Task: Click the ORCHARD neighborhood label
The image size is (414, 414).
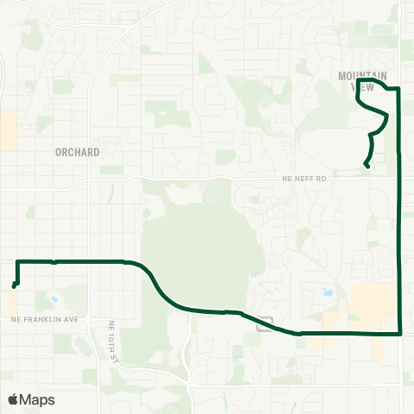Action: pyautogui.click(x=77, y=152)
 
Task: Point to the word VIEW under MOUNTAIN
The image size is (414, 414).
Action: pyautogui.click(x=368, y=87)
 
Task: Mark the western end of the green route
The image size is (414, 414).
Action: pyautogui.click(x=14, y=286)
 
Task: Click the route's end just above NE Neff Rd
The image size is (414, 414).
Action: pyautogui.click(x=367, y=166)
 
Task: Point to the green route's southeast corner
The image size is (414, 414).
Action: pyautogui.click(x=401, y=332)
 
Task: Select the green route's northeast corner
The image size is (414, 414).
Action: pyautogui.click(x=398, y=88)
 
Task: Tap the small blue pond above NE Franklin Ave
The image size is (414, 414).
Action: pyautogui.click(x=55, y=299)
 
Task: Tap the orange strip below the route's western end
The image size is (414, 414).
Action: pyautogui.click(x=13, y=302)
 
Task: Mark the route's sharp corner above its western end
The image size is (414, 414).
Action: pyautogui.click(x=18, y=260)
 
